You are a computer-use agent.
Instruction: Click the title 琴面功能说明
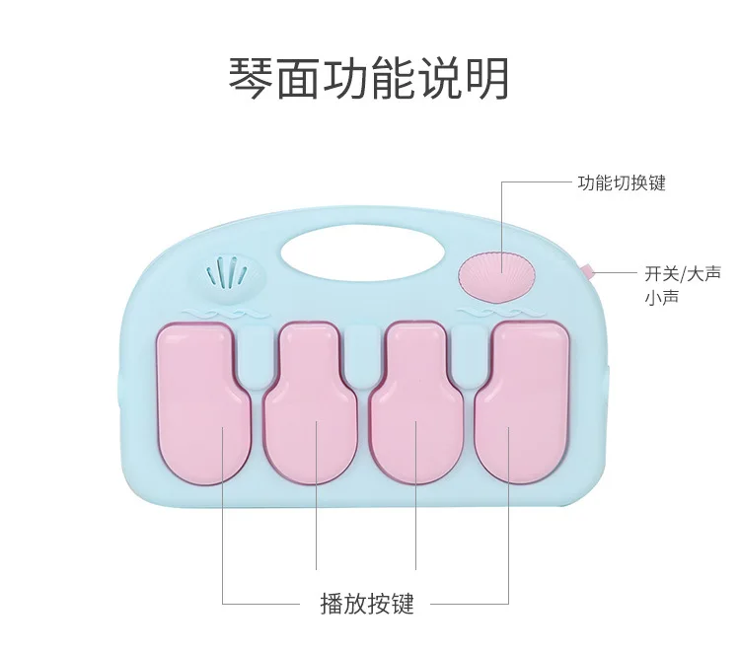click(369, 78)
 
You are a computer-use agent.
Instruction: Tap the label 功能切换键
click(622, 183)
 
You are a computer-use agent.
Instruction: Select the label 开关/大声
click(683, 273)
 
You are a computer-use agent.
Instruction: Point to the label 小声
click(661, 296)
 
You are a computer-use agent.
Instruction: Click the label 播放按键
click(367, 604)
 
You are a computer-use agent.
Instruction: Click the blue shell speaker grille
click(231, 272)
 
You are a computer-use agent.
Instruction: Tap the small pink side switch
click(585, 268)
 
